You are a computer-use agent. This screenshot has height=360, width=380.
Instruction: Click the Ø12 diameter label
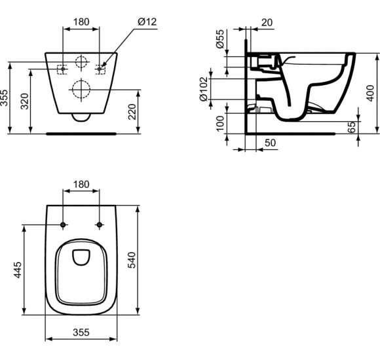coord(147,22)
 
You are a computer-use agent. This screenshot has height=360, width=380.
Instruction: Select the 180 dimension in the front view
coord(81,22)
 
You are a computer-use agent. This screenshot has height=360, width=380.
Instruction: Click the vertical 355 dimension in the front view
coord(5,98)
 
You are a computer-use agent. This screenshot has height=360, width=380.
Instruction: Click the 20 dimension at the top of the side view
coord(266,22)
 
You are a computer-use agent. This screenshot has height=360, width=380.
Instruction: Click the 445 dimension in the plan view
coord(17,270)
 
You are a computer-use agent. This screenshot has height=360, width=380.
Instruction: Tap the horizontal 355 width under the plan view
coord(81,333)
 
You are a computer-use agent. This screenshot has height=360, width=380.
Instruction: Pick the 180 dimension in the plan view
coord(81,185)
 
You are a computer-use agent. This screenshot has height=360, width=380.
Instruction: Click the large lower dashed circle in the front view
coord(81,88)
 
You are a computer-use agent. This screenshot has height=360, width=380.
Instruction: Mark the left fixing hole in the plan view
coord(63,226)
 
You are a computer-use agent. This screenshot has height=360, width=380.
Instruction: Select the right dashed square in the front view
coord(101,68)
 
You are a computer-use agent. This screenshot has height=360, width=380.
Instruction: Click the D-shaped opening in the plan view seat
coord(81,257)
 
